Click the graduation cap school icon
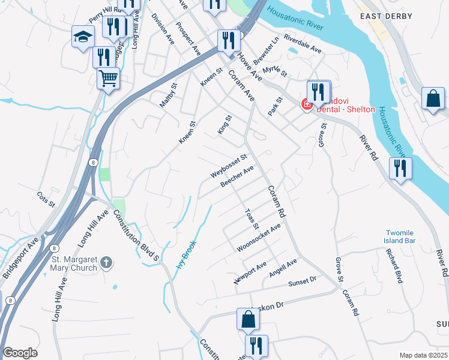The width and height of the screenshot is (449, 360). (82, 37)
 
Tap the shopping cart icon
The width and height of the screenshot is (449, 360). (108, 78)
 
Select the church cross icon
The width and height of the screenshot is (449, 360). (106, 262)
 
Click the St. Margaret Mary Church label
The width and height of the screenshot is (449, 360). (74, 263)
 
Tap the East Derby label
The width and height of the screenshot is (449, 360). (384, 16)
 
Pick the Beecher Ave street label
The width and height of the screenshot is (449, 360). (237, 176)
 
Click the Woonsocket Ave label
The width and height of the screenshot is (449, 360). (259, 238)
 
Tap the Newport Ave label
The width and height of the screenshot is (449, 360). (250, 272)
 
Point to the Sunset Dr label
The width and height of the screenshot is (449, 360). (302, 281)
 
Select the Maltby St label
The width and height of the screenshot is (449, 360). (169, 98)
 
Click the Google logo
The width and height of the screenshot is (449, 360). (20, 353)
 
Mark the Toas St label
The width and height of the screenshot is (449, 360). (252, 219)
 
